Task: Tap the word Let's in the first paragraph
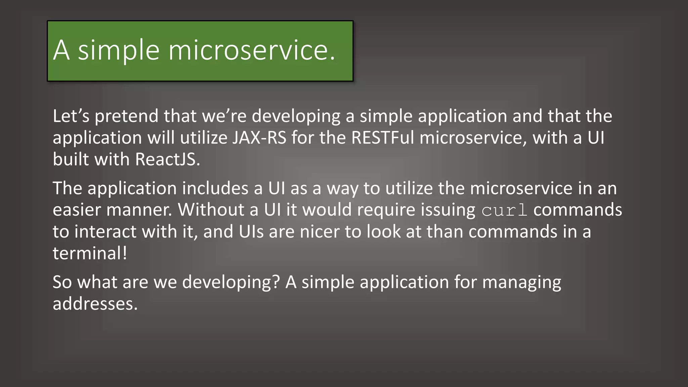71,116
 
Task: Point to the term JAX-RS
259,138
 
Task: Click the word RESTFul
383,138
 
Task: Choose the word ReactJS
167,159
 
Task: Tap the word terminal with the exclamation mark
90,253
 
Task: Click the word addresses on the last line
95,304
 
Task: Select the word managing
521,283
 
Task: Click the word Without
211,210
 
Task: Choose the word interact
105,231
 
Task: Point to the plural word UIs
251,231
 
